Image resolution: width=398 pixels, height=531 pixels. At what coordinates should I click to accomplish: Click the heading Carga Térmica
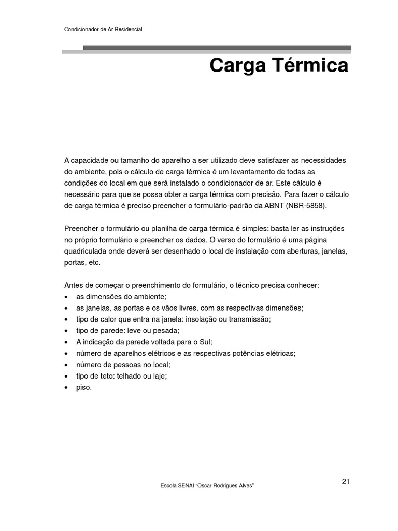[278, 66]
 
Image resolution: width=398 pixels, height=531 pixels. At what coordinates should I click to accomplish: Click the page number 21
[346, 482]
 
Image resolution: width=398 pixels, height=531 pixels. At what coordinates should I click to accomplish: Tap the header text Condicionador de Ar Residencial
[103, 30]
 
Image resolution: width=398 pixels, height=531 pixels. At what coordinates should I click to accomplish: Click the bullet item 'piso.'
[83, 387]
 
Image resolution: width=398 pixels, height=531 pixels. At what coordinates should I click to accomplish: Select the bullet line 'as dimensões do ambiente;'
[121, 296]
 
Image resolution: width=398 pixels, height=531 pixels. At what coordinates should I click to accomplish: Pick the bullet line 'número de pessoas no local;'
[123, 365]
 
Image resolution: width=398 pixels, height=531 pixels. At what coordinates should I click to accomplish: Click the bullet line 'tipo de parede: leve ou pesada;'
[127, 330]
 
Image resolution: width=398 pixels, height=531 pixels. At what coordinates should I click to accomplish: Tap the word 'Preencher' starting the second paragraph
[81, 229]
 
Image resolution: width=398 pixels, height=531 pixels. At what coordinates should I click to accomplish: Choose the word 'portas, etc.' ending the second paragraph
[82, 262]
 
